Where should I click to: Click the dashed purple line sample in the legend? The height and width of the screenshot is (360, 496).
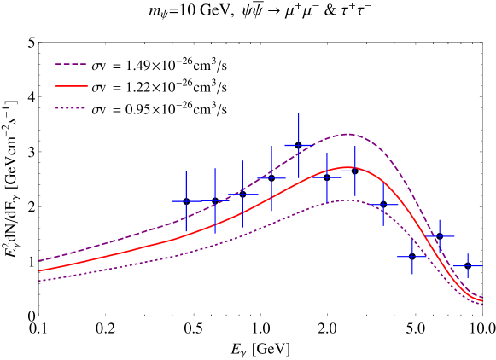point(71,64)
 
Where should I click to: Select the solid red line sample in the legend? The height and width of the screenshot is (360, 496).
point(71,86)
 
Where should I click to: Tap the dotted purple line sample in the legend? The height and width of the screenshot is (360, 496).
point(71,107)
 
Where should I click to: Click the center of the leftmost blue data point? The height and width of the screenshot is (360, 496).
point(186,202)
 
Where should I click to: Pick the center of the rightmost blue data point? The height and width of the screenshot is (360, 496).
point(467,266)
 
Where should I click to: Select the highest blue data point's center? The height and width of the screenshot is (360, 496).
point(299,146)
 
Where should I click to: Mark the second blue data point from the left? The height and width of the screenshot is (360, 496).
point(215,200)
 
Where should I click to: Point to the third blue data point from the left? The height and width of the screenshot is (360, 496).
point(242,195)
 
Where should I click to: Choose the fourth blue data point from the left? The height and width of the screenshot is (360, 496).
point(271,178)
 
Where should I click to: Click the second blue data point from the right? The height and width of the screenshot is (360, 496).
point(440,236)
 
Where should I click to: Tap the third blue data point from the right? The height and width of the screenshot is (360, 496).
point(411,255)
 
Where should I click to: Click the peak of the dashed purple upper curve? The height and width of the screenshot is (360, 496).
point(347,134)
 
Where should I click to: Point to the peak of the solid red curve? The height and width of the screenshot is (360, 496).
point(347,167)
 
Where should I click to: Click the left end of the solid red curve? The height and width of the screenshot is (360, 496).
point(38,270)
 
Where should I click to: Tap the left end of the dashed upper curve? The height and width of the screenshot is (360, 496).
point(38,261)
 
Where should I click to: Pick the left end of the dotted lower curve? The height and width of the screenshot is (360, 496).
point(38,281)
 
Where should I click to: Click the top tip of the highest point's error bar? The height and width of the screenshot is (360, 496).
point(299,113)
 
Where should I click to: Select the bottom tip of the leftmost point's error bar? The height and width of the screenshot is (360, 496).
point(186,233)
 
